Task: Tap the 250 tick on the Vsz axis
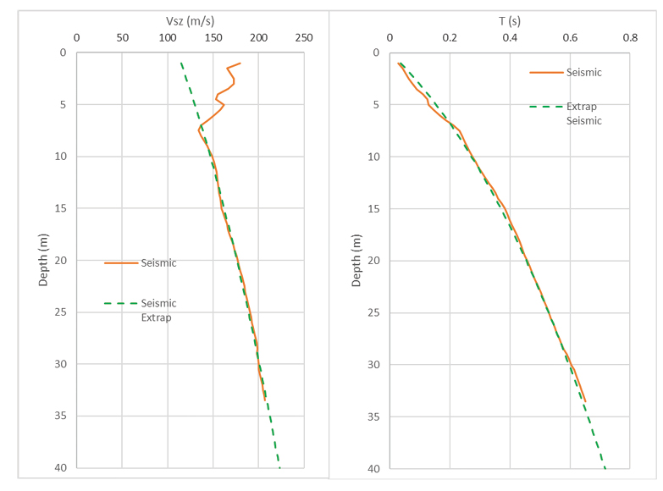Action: pos(304,37)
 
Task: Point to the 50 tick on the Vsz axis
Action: pos(122,37)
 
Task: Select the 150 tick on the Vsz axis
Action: pos(213,37)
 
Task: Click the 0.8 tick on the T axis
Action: pos(630,37)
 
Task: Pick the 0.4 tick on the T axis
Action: pos(510,37)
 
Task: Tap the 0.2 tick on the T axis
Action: pos(450,37)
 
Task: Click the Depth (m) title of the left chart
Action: pos(43,260)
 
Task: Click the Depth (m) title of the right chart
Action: pos(356,260)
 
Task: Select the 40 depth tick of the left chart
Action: pos(58,468)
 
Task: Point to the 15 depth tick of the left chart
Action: pos(58,208)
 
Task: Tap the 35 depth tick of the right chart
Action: pos(372,417)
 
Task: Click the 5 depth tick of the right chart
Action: pos(375,105)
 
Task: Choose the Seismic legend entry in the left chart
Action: pos(158,263)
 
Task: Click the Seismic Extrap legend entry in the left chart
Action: pos(158,310)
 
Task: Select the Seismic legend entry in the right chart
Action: pos(583,73)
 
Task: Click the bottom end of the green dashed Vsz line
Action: pos(279,467)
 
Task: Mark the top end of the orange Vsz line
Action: pos(240,63)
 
